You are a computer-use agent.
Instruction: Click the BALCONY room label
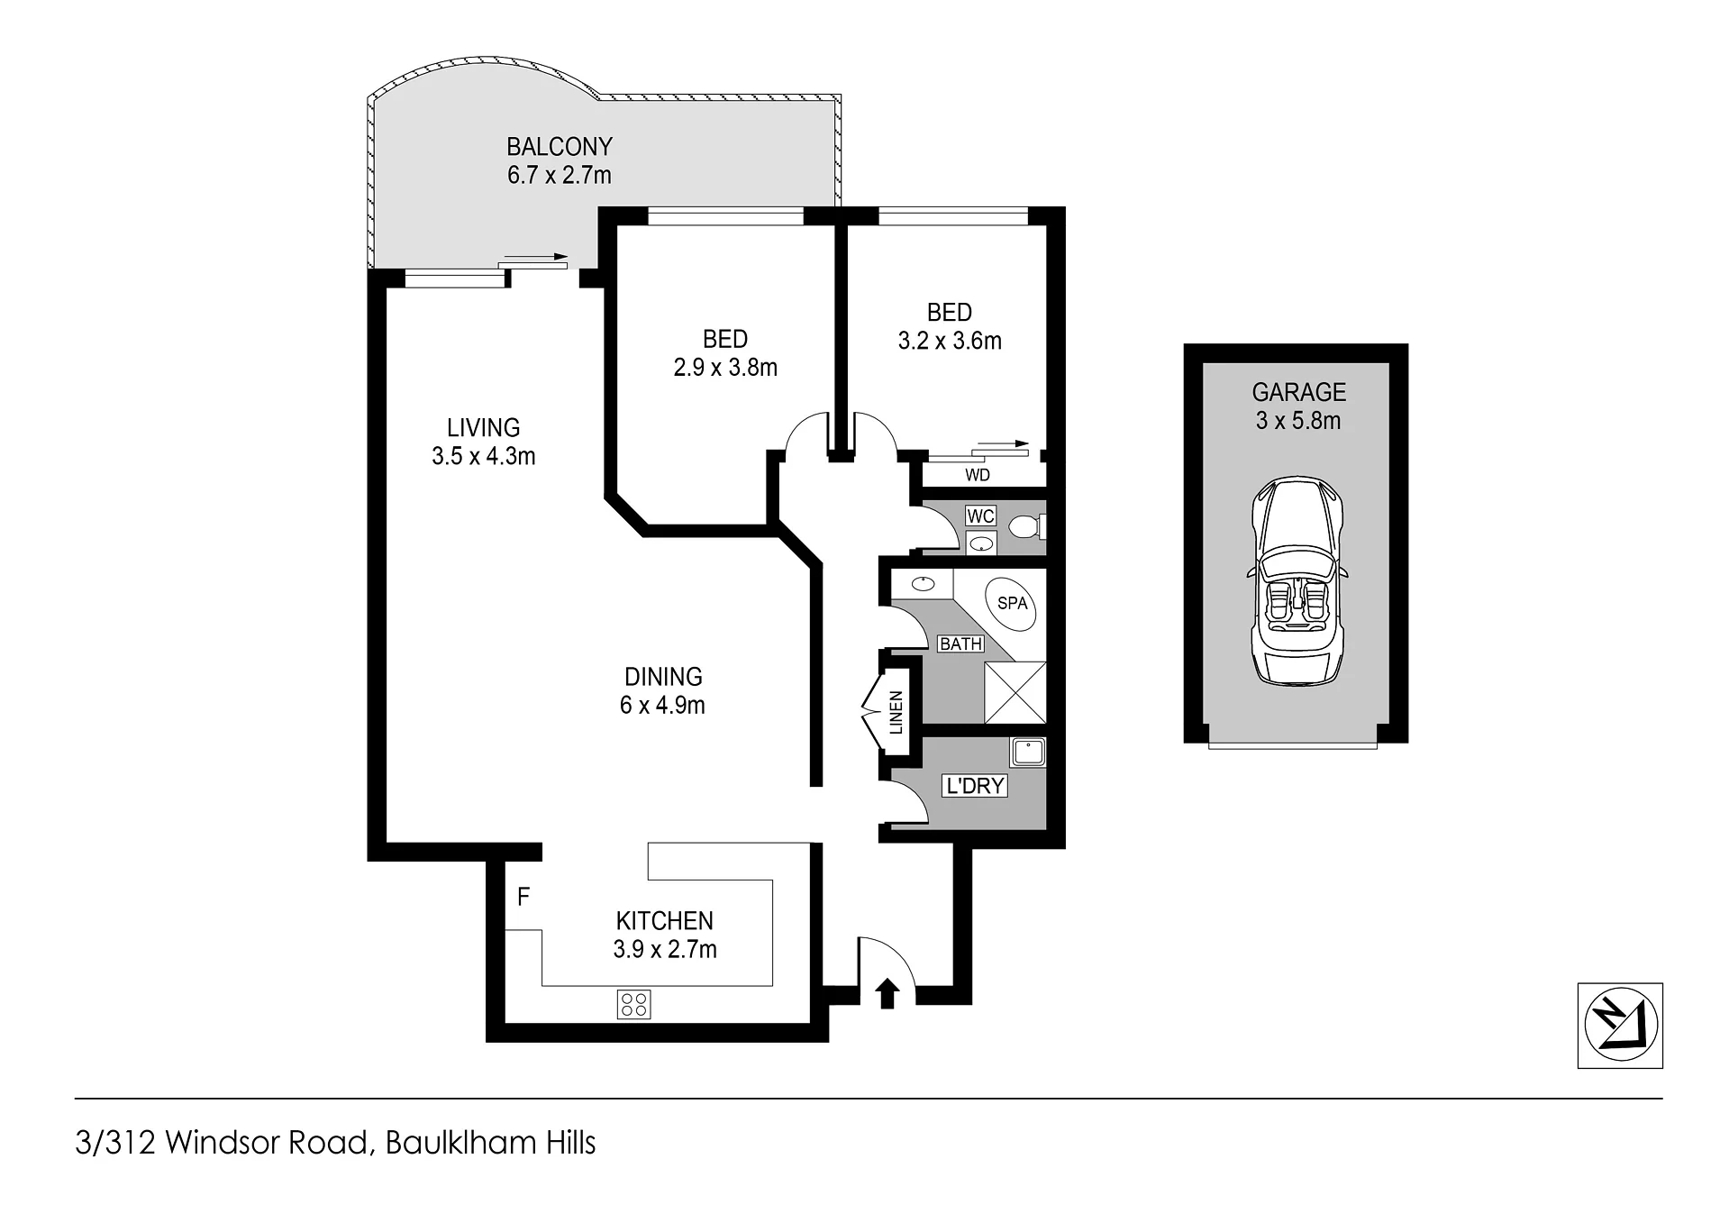pos(559,147)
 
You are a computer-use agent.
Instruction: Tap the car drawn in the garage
pos(1297,582)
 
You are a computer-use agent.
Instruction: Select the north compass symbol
pos(1620,1026)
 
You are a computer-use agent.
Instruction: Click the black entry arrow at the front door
pos(887,992)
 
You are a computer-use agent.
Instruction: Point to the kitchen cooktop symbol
pos(633,1004)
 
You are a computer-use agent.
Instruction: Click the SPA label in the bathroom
pos(1013,603)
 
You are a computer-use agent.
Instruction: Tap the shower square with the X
pos(1015,692)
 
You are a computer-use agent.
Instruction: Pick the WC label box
pos(980,516)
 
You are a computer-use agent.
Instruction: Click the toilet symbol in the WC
pos(1028,525)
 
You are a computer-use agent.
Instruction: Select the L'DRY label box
pos(974,786)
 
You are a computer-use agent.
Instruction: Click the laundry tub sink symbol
pos(1028,753)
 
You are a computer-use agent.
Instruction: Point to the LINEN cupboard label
pos(896,712)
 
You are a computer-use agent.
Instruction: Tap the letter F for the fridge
pos(523,897)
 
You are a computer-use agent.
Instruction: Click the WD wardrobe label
pos(978,475)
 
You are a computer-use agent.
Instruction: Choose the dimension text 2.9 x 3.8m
pos(725,368)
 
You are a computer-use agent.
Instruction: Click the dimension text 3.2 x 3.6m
pos(950,341)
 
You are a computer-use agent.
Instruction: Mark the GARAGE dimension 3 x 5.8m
pos(1298,421)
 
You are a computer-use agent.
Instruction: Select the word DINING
pos(663,677)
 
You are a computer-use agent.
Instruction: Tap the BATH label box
pos(960,644)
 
